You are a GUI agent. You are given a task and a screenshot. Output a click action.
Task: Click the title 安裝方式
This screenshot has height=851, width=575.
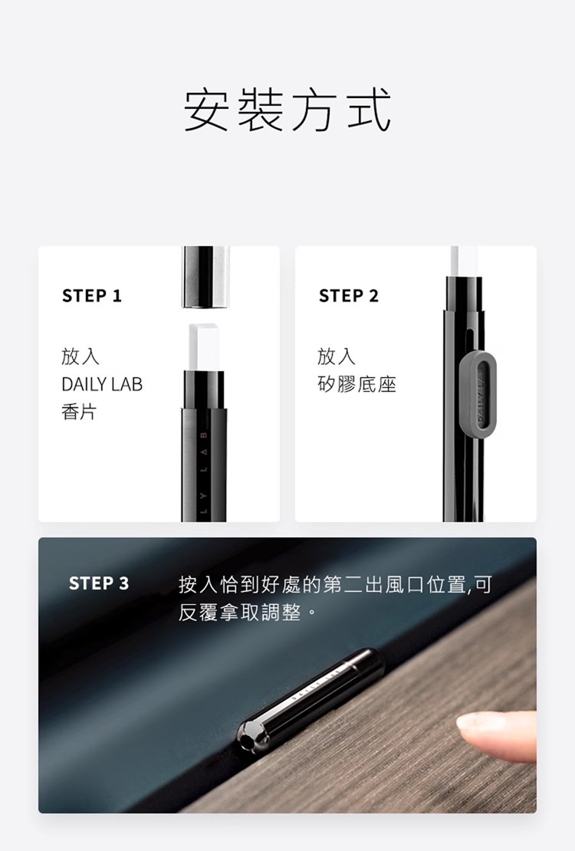[x=287, y=110]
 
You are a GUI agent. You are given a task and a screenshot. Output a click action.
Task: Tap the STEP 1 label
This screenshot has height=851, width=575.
[x=92, y=296]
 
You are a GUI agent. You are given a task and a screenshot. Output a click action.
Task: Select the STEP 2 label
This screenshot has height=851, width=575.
[x=349, y=296]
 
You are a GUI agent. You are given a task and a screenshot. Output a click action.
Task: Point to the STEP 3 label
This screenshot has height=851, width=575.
[x=99, y=583]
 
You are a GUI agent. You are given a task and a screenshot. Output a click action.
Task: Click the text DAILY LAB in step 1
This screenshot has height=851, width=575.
[x=102, y=384]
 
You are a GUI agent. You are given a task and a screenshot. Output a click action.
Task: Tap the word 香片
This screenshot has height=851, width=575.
[x=79, y=412]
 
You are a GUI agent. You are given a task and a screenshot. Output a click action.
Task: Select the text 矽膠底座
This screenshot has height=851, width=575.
[x=356, y=384]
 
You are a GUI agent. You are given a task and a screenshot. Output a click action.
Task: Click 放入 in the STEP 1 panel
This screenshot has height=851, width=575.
[x=80, y=356]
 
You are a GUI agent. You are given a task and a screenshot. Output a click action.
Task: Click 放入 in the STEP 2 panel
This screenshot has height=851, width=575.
[x=337, y=356]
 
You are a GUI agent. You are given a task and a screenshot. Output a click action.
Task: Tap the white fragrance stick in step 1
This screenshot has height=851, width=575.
[x=204, y=348]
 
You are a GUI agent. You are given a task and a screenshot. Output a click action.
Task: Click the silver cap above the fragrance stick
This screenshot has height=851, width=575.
[x=205, y=278]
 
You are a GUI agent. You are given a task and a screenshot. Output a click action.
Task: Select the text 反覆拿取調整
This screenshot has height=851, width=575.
[x=239, y=613]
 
